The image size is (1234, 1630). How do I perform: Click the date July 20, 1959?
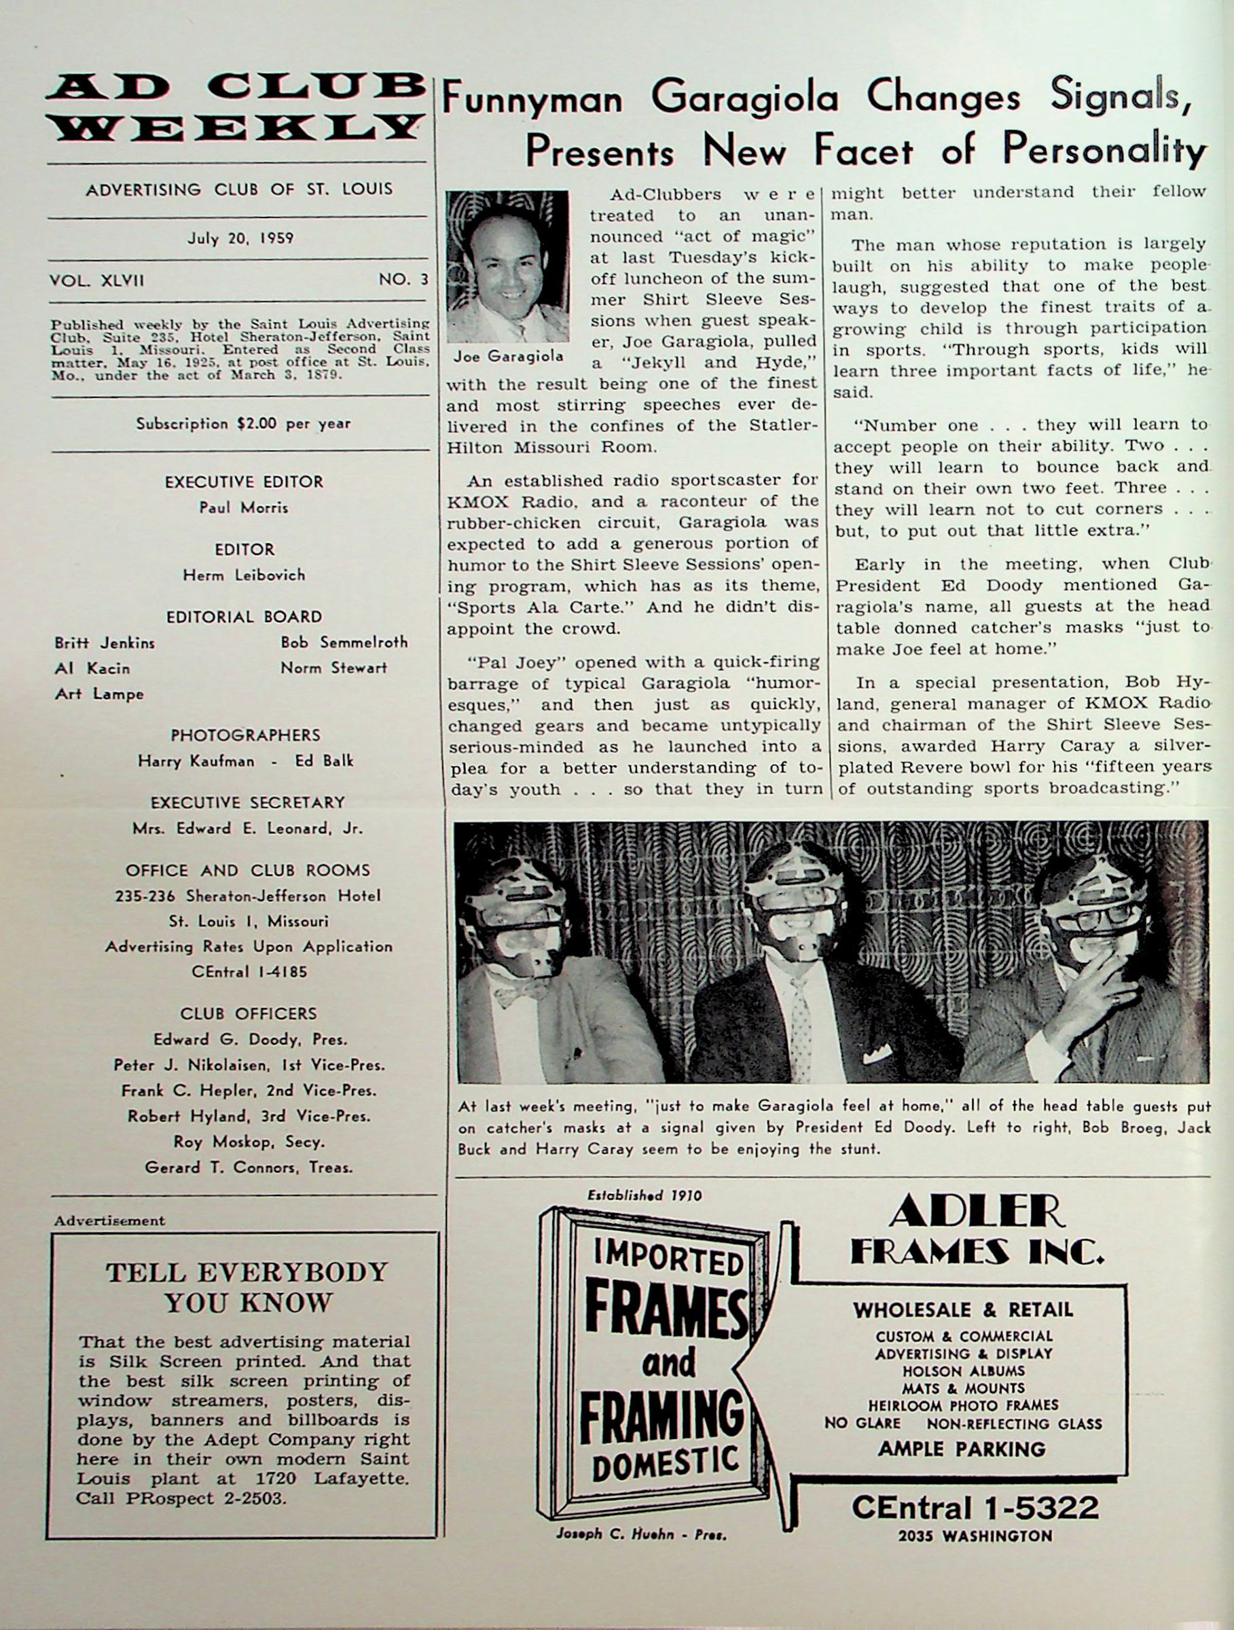tap(240, 238)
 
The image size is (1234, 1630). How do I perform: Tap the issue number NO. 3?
tap(403, 280)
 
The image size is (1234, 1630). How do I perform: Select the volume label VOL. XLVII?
tap(96, 280)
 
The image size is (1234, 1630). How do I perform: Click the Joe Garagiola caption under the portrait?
tap(508, 357)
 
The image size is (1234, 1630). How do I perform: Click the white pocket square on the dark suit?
tap(877, 1055)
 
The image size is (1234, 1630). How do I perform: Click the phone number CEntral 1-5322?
tap(975, 1508)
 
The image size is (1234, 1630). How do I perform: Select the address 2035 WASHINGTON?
tap(975, 1536)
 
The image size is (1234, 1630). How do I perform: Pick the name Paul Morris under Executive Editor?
tap(244, 508)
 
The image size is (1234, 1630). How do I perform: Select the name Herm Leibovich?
tap(244, 575)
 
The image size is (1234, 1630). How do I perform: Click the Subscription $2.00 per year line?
tap(243, 424)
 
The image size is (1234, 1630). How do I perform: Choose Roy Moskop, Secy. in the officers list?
tap(249, 1142)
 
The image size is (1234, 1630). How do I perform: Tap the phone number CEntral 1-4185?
tap(249, 971)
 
